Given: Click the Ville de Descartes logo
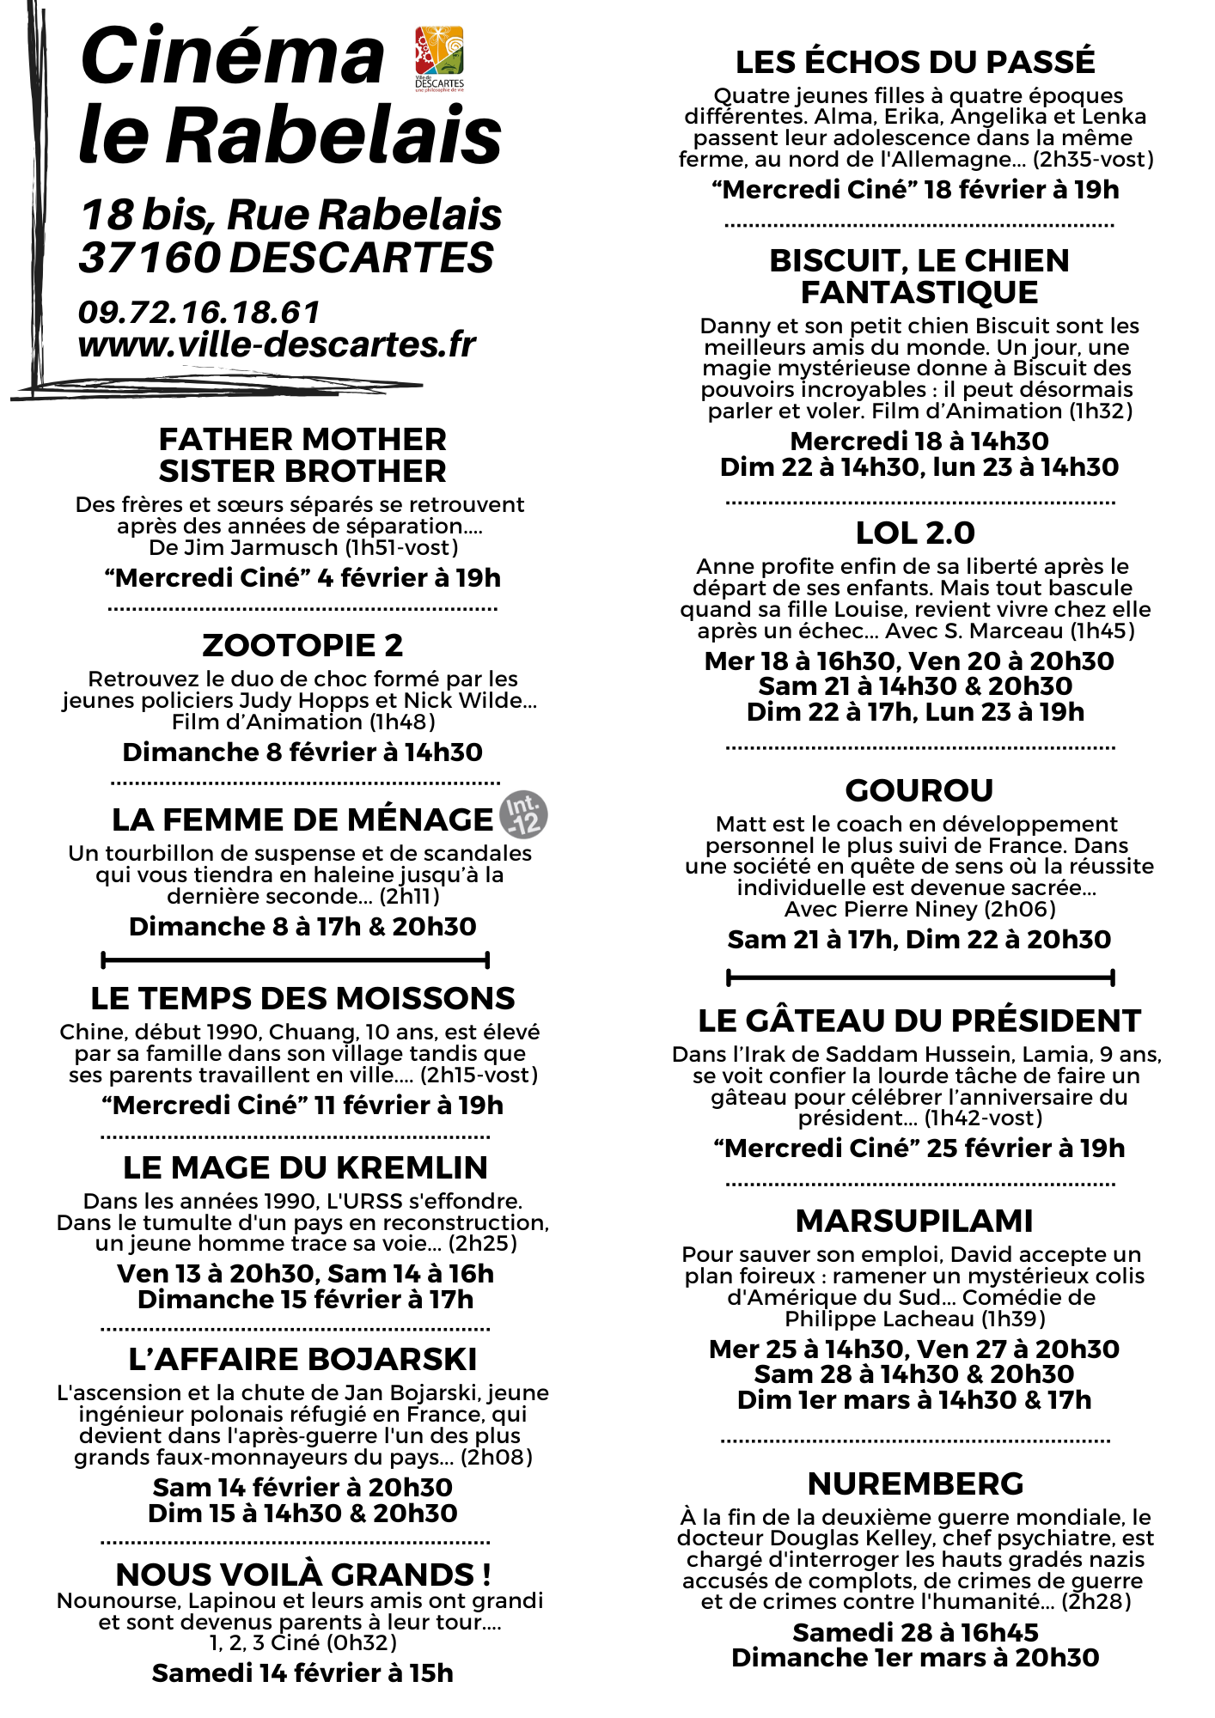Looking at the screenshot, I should tap(439, 58).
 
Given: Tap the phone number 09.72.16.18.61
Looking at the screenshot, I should tap(198, 313).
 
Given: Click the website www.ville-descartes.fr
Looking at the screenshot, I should tap(276, 344).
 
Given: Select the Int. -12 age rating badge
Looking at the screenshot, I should tap(523, 814).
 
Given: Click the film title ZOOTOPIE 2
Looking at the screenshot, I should tap(302, 645).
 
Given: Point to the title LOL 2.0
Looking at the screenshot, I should tap(915, 533).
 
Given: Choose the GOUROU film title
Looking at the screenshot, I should tap(919, 790).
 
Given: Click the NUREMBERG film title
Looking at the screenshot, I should tap(915, 1483).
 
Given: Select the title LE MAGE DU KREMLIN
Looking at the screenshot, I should tap(305, 1167).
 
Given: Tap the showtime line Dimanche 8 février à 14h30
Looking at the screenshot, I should tap(302, 752).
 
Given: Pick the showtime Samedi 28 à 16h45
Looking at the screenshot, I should tap(915, 1632).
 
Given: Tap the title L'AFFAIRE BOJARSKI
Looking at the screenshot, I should tap(302, 1360).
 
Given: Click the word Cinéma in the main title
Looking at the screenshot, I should tap(232, 57).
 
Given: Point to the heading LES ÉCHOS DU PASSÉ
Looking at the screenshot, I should tap(915, 63).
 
